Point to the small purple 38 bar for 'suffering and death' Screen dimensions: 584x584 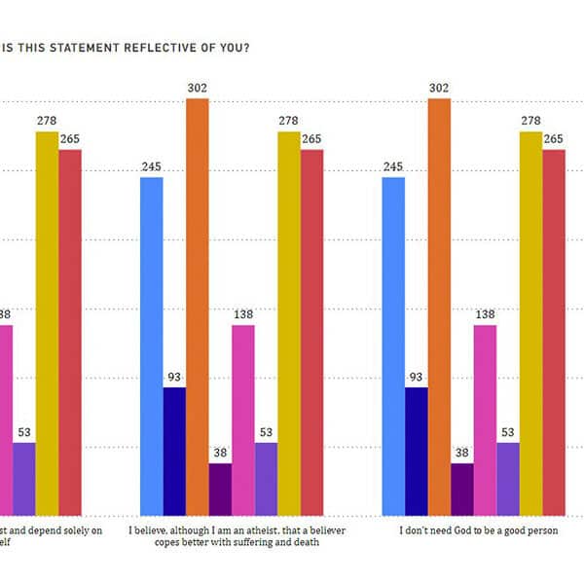click(x=220, y=489)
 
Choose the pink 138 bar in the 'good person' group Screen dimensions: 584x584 click(x=485, y=420)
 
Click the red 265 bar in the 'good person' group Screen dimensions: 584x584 click(x=554, y=332)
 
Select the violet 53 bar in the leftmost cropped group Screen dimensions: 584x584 click(x=24, y=478)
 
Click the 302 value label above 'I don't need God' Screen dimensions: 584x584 click(x=438, y=89)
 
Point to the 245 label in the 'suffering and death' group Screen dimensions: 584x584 click(x=151, y=167)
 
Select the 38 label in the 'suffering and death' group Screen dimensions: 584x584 click(x=220, y=454)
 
